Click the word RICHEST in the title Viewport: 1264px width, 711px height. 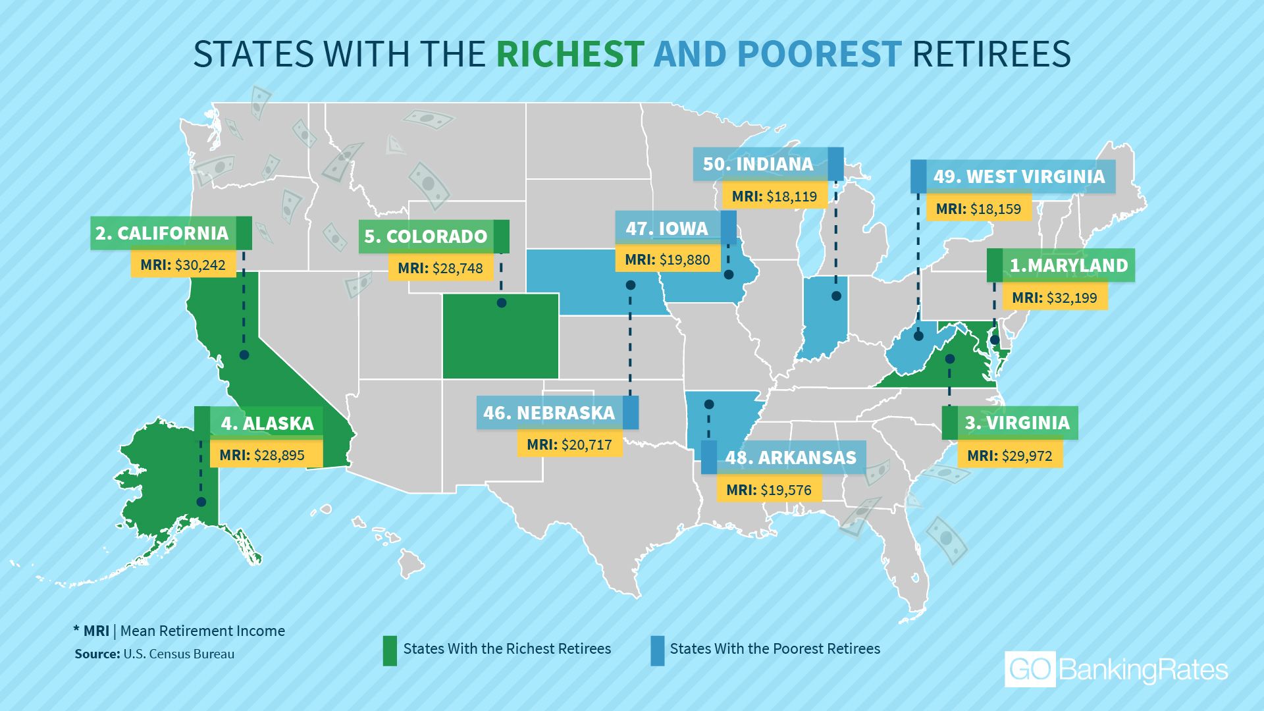pyautogui.click(x=569, y=54)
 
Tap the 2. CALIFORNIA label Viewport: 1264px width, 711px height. pyautogui.click(x=162, y=233)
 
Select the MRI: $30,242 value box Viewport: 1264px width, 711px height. pyautogui.click(x=183, y=265)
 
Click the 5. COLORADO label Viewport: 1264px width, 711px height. pyautogui.click(x=426, y=236)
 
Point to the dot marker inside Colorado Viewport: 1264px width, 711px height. pyautogui.click(x=502, y=303)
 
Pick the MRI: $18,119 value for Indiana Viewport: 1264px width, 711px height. pyautogui.click(x=774, y=196)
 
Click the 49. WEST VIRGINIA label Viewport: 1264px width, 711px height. pyautogui.click(x=1019, y=176)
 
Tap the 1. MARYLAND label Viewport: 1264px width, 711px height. pyautogui.click(x=1068, y=265)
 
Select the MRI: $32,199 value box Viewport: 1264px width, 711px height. pyautogui.click(x=1055, y=298)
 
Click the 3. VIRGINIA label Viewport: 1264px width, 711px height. pyautogui.click(x=1017, y=423)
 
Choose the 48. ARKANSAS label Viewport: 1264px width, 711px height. pyautogui.click(x=791, y=458)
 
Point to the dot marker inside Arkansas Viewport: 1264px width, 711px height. pyautogui.click(x=709, y=404)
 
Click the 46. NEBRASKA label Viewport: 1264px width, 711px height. pyautogui.click(x=549, y=413)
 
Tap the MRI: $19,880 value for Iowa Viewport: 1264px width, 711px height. pyautogui.click(x=668, y=259)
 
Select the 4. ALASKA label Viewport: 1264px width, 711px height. pyautogui.click(x=267, y=423)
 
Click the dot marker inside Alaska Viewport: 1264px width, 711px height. pyautogui.click(x=201, y=502)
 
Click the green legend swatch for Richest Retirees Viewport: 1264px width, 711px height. pyautogui.click(x=390, y=650)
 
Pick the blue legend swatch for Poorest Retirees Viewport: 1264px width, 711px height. pyautogui.click(x=657, y=650)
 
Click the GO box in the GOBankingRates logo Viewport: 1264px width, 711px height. pyautogui.click(x=1030, y=670)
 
